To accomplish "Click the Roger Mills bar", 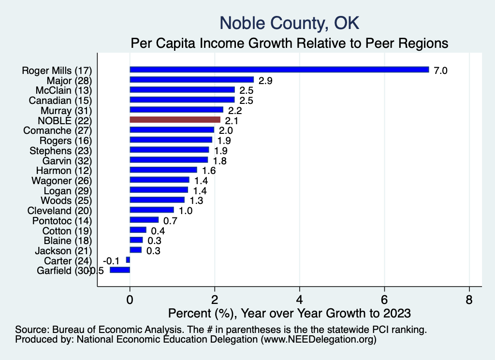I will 279,70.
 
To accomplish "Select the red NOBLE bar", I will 175,119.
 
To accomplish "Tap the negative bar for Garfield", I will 120,270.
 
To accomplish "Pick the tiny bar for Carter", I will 128,260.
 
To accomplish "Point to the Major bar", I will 191,80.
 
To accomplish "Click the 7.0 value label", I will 441,70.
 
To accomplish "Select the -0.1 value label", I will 114,260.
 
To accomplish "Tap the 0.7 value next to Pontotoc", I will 171,220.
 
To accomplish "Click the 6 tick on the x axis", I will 384,300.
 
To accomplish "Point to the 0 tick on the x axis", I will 130,300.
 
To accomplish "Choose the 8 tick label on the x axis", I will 469,300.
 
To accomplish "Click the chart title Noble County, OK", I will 289,23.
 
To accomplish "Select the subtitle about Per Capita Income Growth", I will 290,43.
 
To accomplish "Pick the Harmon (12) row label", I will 64,170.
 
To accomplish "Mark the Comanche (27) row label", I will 58,130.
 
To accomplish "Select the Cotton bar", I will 138,230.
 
